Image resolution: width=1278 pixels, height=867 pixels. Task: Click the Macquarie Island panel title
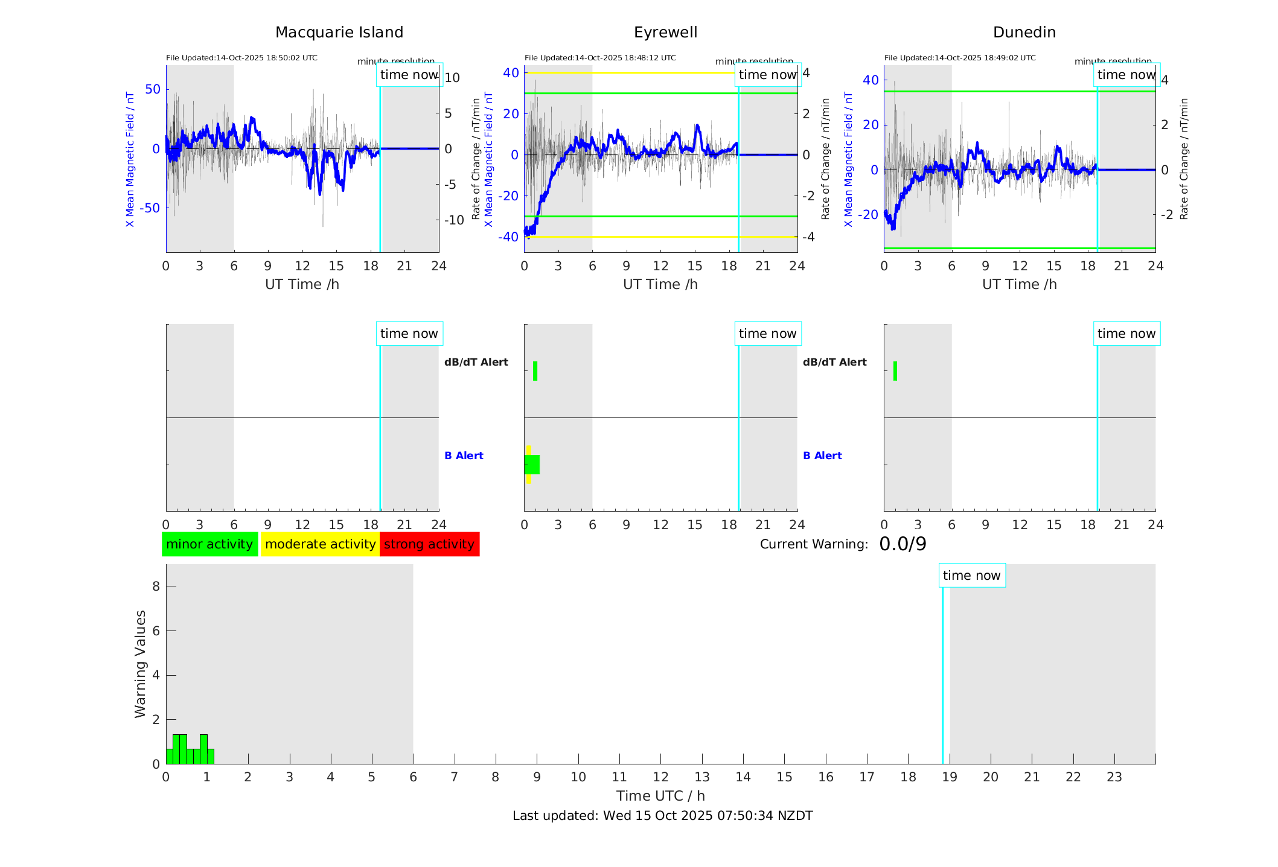(339, 33)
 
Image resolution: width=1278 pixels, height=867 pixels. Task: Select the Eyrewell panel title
(665, 33)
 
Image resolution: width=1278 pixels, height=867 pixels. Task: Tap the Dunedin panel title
(1024, 33)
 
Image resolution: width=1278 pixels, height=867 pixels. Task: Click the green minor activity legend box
(209, 544)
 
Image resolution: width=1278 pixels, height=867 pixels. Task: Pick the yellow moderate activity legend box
(320, 544)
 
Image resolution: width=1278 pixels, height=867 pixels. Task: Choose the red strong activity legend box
(429, 544)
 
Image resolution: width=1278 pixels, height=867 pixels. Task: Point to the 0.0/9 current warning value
(903, 544)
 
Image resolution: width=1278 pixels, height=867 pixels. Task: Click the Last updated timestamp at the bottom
(662, 816)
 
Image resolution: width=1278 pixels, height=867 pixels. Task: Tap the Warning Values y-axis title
(141, 664)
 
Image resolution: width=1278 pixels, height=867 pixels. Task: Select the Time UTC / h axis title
(660, 796)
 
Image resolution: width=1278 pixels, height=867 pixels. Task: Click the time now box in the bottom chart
(971, 576)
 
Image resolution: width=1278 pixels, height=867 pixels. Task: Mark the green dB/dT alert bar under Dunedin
(895, 371)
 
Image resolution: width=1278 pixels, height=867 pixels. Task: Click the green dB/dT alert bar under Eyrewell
(535, 371)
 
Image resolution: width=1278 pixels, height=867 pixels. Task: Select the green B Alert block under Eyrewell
(532, 465)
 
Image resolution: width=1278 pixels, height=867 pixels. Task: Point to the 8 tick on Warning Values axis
(156, 586)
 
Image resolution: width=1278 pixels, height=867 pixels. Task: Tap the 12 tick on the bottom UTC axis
(660, 777)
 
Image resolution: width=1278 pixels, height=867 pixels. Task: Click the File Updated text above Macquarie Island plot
(241, 58)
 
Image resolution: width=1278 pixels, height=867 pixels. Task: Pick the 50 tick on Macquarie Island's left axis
(153, 89)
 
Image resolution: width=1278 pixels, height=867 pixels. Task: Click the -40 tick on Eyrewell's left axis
(508, 237)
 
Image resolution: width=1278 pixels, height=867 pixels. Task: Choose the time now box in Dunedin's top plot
(1126, 75)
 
